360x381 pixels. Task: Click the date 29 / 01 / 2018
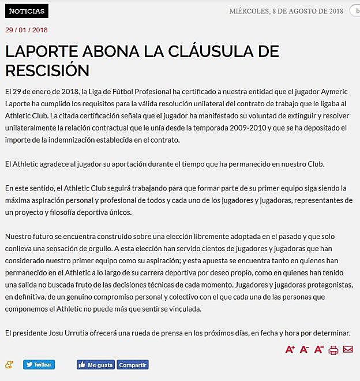coord(27,30)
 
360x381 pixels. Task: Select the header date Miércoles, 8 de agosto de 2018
coord(286,11)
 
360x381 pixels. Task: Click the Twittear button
coord(39,364)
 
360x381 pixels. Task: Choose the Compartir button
coord(133,365)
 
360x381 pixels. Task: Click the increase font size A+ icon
coord(290,349)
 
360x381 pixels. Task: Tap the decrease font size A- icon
coord(305,349)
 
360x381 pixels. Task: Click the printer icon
coord(333,350)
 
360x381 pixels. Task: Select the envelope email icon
coord(347,349)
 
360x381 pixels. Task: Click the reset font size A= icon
coord(319,349)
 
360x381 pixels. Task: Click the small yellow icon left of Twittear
coord(9,364)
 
